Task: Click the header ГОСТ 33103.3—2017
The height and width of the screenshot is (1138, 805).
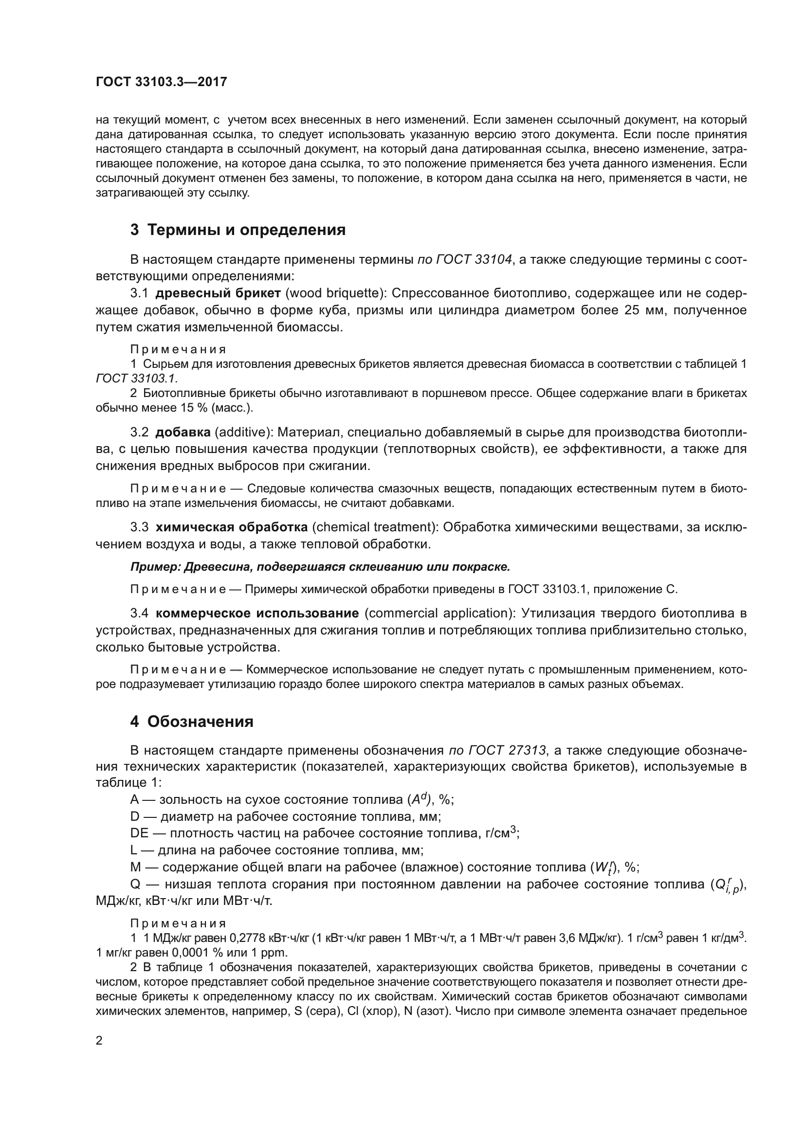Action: pyautogui.click(x=161, y=82)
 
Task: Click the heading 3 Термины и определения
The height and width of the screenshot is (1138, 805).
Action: pyautogui.click(x=238, y=230)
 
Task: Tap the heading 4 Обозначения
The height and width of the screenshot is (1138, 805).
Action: pyautogui.click(x=192, y=722)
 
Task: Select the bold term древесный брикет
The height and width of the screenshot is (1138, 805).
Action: pyautogui.click(x=218, y=293)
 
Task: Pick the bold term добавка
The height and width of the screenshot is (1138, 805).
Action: pyautogui.click(x=183, y=432)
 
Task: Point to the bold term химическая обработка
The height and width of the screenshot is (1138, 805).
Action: pyautogui.click(x=232, y=527)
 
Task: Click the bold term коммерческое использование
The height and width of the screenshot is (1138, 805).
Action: pyautogui.click(x=257, y=613)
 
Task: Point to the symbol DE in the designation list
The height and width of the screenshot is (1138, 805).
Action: pyautogui.click(x=139, y=833)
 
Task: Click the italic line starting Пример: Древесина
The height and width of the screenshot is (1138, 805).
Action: pyautogui.click(x=320, y=566)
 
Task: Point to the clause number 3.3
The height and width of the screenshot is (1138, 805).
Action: pyautogui.click(x=139, y=527)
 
